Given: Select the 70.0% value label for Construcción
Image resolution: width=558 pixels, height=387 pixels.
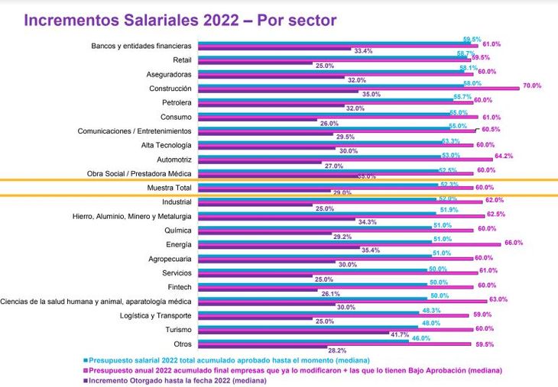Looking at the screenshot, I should pyautogui.click(x=532, y=86).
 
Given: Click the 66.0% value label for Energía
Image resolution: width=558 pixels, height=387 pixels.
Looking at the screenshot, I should pyautogui.click(x=512, y=243).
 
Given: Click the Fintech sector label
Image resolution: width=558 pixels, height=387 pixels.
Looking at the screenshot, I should pyautogui.click(x=179, y=287).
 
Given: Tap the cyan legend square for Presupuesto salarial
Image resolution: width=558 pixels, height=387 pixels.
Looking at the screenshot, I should pyautogui.click(x=85, y=359).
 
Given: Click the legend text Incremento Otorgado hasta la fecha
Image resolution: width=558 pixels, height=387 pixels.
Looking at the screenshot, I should pyautogui.click(x=177, y=379).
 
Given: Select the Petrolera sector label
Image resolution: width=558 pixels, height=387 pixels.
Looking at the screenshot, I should pyautogui.click(x=177, y=102).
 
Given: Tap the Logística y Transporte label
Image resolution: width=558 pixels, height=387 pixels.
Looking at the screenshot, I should pyautogui.click(x=156, y=315).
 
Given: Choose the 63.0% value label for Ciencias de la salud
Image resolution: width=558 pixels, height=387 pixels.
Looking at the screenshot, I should pyautogui.click(x=498, y=299).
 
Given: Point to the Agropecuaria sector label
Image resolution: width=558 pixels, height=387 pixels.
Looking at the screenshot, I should pyautogui.click(x=170, y=259).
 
